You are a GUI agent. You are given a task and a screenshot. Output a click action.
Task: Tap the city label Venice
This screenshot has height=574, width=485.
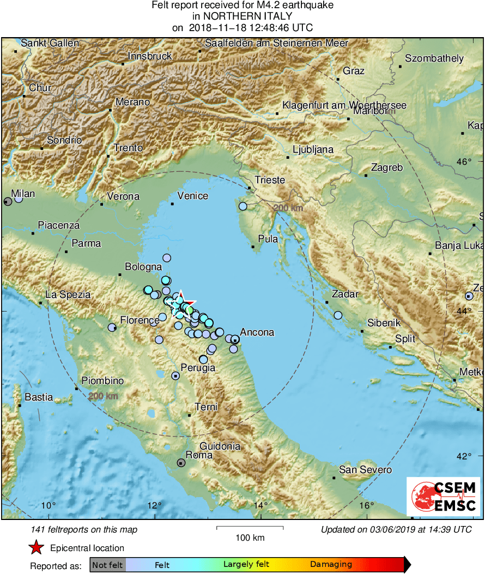pos(193,196)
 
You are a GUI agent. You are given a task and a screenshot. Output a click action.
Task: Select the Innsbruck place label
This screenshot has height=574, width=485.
pos(150,56)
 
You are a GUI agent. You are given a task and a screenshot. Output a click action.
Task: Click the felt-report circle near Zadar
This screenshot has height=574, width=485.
pos(338,315)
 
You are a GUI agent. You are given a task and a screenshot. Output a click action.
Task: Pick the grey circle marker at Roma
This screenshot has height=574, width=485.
pos(181,463)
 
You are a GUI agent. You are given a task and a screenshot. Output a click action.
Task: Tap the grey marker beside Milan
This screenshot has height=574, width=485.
pos(8,201)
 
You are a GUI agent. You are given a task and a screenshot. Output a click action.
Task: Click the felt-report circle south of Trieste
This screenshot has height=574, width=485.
pos(243,206)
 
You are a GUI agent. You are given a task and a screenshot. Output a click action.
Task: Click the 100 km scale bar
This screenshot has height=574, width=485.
pos(250,528)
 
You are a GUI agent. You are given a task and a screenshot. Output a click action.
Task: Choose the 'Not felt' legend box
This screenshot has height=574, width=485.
pos(107,565)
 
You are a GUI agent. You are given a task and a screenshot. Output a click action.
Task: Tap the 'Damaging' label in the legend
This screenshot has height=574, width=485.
pos(331,565)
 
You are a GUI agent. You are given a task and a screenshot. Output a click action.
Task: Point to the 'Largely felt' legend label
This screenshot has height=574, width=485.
pos(245,565)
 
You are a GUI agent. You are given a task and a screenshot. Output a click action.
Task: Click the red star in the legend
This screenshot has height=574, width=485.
pos(36,548)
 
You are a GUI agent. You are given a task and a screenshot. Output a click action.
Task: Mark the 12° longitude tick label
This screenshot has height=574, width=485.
pos(154,505)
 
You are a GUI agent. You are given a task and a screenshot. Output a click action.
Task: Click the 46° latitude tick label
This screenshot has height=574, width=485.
pos(464,162)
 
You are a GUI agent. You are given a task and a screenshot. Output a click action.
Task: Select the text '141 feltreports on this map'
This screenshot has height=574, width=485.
pos(84,529)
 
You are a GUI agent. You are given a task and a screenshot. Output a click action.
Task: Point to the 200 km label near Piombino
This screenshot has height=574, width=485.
pos(103,396)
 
